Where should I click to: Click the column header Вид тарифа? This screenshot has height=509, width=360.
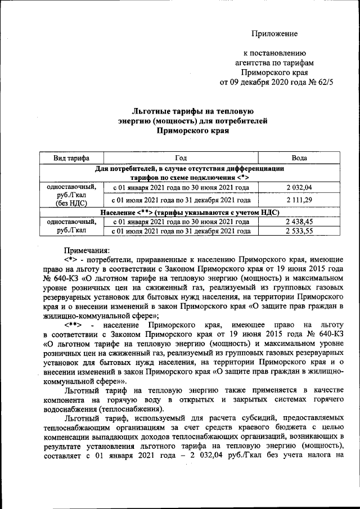pyautogui.click(x=71, y=159)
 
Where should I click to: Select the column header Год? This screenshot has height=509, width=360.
pyautogui.click(x=181, y=159)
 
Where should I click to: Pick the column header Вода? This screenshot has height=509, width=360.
pyautogui.click(x=299, y=159)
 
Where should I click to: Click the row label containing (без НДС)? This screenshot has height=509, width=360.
pyautogui.click(x=71, y=204)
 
